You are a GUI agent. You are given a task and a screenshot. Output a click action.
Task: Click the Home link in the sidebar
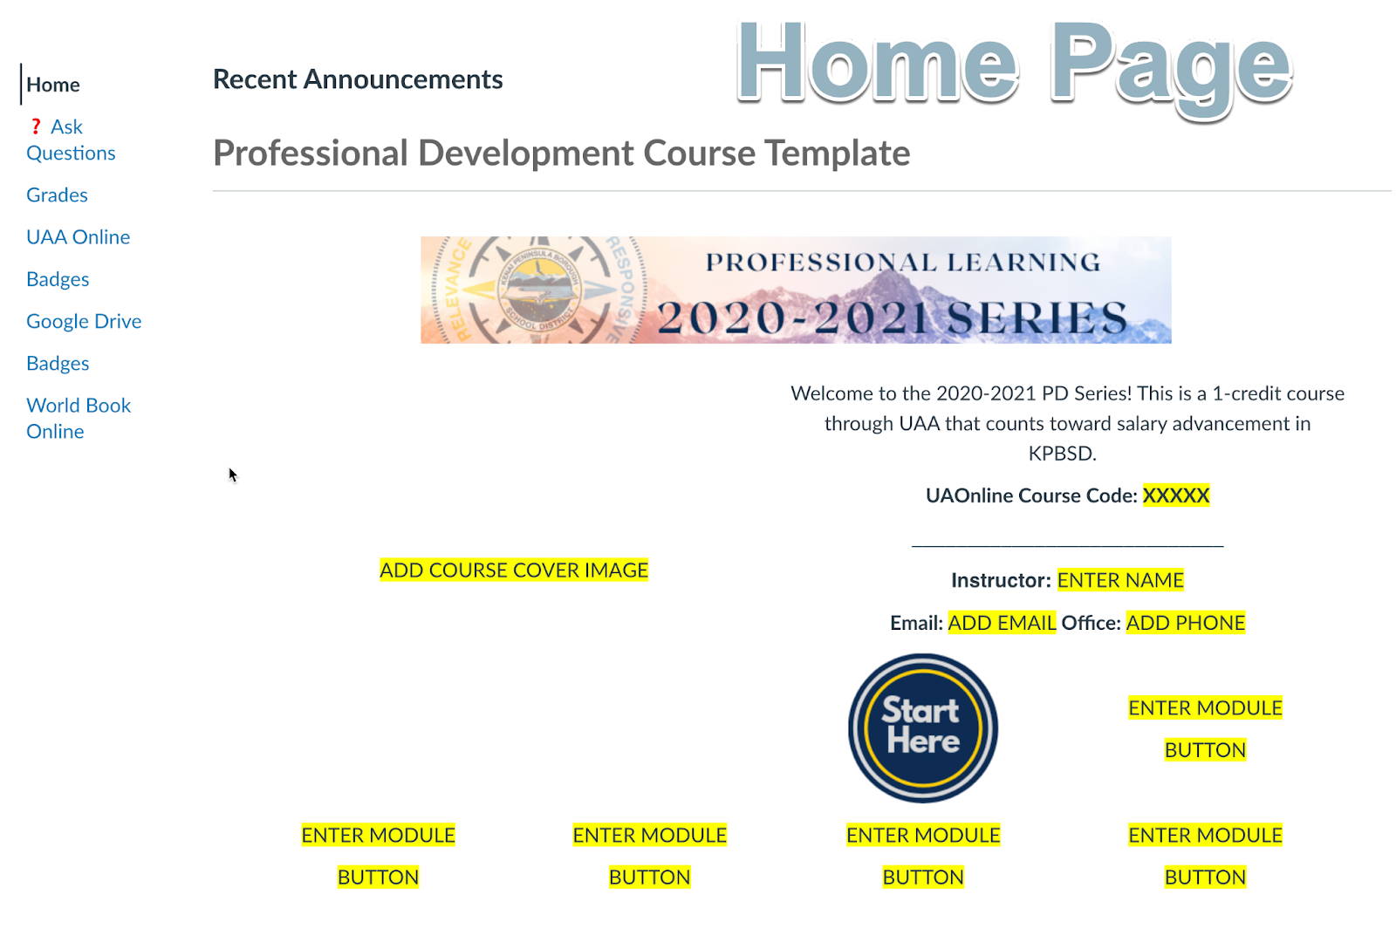53,85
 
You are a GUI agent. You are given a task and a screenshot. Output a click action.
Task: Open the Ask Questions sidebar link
71,140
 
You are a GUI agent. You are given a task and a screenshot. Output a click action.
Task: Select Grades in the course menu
57,195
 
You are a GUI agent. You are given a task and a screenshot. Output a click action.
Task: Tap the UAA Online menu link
78,236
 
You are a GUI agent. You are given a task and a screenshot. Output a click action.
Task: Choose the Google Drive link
84,321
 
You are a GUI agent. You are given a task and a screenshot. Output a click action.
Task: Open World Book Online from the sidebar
79,418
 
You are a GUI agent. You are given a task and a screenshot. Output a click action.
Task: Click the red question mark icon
36,126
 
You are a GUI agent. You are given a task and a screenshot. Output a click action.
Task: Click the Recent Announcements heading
358,79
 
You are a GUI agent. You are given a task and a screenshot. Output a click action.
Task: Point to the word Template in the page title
837,154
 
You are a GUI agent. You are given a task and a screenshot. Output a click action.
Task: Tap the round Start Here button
922,727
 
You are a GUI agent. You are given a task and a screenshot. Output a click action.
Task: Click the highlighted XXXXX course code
1176,495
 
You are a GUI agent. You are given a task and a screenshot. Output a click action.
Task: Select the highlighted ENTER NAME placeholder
1120,580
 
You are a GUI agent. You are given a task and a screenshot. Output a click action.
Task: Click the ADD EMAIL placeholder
1002,623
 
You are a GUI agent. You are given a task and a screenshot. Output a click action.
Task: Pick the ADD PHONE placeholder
1186,623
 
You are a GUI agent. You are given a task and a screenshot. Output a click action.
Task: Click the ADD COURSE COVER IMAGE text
514,570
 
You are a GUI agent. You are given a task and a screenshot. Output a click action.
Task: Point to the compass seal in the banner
540,290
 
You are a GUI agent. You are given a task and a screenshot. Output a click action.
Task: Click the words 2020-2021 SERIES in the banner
893,318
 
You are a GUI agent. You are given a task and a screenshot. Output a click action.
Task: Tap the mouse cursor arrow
232,475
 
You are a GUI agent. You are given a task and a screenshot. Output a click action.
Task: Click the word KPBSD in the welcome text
1062,454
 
